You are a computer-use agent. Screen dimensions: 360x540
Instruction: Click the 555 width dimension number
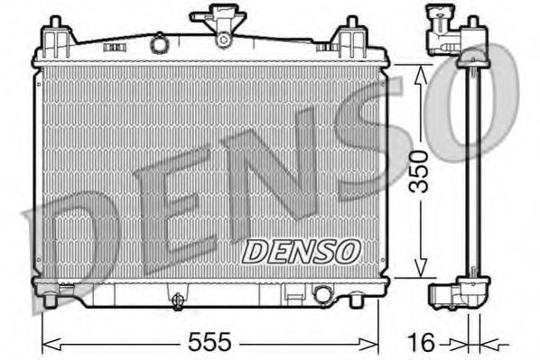coord(209,342)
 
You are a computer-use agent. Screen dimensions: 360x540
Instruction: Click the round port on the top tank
coord(160,42)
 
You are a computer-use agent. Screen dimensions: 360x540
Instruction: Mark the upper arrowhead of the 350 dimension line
coord(418,72)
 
